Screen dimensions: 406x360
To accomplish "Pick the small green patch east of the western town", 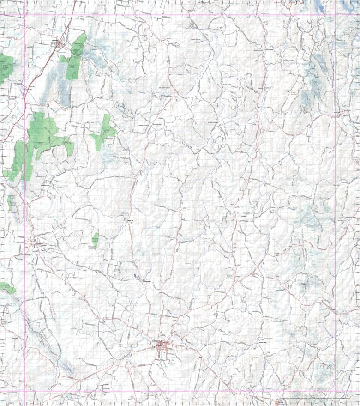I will point(95,240).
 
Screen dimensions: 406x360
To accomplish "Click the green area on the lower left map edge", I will point(6,288).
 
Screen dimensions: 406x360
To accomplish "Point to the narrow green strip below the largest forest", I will point(10,202).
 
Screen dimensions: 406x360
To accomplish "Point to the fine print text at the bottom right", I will point(318,398).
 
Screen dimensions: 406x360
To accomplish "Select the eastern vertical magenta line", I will point(336,208).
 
